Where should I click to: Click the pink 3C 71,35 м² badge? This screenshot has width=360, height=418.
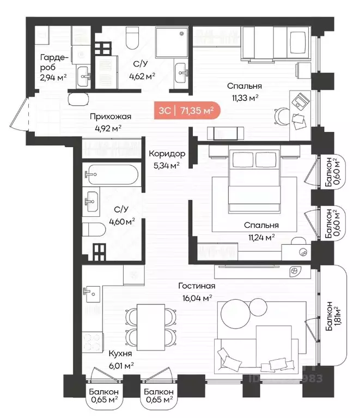pyautogui.click(x=187, y=111)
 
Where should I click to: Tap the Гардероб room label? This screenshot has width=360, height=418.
pyautogui.click(x=54, y=63)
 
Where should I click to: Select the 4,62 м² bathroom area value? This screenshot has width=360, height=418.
pyautogui.click(x=142, y=76)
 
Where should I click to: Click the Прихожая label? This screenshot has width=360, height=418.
pyautogui.click(x=111, y=117)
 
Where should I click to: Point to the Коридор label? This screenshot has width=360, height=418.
pyautogui.click(x=167, y=154)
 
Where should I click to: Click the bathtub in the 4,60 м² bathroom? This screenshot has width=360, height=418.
pyautogui.click(x=113, y=174)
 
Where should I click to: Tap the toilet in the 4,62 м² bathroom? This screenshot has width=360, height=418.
pyautogui.click(x=132, y=38)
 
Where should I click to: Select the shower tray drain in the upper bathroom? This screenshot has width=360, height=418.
pyautogui.click(x=182, y=34)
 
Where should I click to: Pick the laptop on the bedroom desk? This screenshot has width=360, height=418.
pyautogui.click(x=301, y=101)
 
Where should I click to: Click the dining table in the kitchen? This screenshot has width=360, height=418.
pyautogui.click(x=151, y=328)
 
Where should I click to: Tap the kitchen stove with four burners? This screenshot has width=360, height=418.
pyautogui.click(x=92, y=342)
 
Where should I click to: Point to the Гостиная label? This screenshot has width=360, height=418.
pyautogui.click(x=197, y=286)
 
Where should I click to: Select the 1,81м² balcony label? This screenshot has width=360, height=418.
pyautogui.click(x=333, y=316)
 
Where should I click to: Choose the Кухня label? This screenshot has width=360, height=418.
pyautogui.click(x=120, y=354)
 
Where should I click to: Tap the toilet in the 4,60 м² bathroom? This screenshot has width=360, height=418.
pyautogui.click(x=94, y=229)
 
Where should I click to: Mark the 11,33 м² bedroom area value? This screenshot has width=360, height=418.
pyautogui.click(x=245, y=98)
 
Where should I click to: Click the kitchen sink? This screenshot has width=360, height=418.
pyautogui.click(x=91, y=294)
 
